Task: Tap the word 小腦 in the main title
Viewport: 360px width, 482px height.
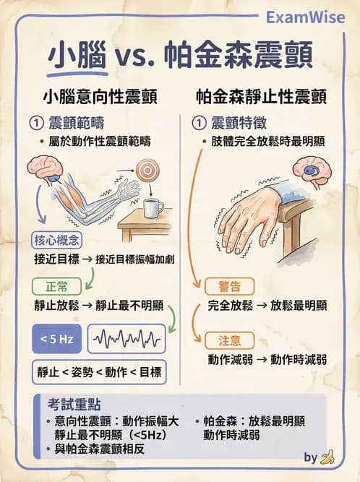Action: (79, 57)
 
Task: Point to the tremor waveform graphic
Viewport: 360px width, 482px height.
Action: (126, 337)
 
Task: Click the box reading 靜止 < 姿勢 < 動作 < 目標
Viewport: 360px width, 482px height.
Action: (99, 373)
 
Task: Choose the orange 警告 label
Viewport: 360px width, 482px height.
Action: (223, 285)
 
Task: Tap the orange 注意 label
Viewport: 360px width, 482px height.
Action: (223, 339)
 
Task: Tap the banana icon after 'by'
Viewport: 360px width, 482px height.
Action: (329, 457)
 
